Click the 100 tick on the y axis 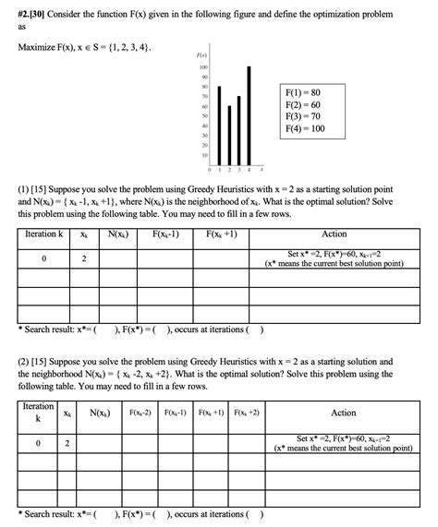click(x=203, y=67)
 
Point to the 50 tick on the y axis click(x=204, y=116)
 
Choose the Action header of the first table click(x=334, y=234)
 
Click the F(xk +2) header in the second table click(x=248, y=412)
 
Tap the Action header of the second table click(x=343, y=413)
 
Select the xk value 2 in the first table click(x=84, y=258)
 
